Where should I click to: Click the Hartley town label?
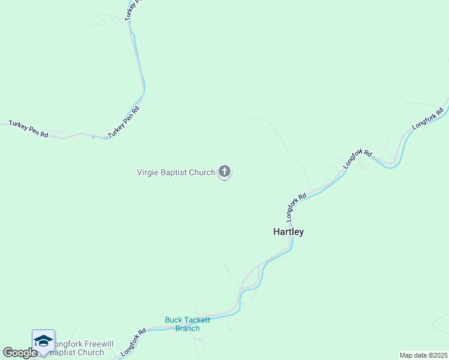[x=288, y=232]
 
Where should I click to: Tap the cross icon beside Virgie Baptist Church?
[x=224, y=172]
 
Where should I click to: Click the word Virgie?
[x=149, y=173]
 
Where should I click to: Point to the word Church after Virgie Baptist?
[x=202, y=173]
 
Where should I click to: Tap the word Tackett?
[x=197, y=320]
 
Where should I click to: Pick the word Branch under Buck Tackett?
[x=187, y=328]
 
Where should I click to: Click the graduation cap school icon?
[x=43, y=341]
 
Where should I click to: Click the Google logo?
[x=19, y=353]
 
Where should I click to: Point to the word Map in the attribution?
[x=407, y=355]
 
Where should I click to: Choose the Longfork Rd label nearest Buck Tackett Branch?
[x=133, y=342]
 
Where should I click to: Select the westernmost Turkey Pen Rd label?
[x=28, y=128]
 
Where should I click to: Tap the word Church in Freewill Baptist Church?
[x=89, y=352]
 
